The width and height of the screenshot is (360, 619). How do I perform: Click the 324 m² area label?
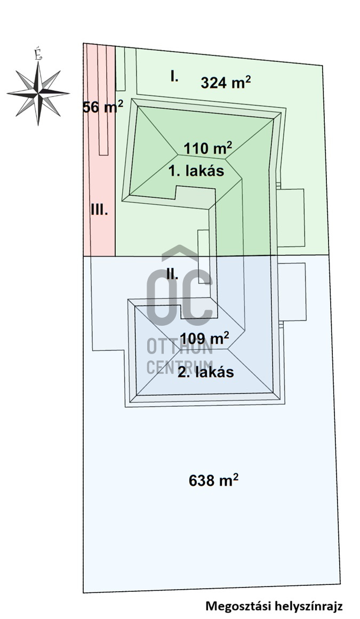click(226, 82)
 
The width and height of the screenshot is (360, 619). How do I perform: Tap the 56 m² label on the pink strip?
click(103, 107)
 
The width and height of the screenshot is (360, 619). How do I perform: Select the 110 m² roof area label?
click(207, 148)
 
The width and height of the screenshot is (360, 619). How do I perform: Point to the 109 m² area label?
click(204, 338)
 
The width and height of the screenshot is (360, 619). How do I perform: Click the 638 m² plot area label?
click(213, 480)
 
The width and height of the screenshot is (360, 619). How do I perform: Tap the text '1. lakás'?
click(197, 171)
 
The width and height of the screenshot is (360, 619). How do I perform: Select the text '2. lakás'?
click(206, 372)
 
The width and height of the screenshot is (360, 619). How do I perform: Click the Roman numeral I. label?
click(174, 77)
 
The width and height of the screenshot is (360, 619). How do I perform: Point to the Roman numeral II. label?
click(172, 274)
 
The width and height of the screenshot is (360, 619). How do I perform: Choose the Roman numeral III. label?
click(100, 210)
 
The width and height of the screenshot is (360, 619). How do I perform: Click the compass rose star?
click(38, 93)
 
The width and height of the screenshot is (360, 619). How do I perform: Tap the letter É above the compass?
click(38, 54)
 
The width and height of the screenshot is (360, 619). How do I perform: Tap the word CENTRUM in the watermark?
click(180, 367)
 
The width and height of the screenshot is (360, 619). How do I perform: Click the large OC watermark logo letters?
click(180, 288)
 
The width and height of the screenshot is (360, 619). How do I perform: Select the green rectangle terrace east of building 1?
click(290, 218)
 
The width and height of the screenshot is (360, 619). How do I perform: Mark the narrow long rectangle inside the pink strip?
click(102, 100)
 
